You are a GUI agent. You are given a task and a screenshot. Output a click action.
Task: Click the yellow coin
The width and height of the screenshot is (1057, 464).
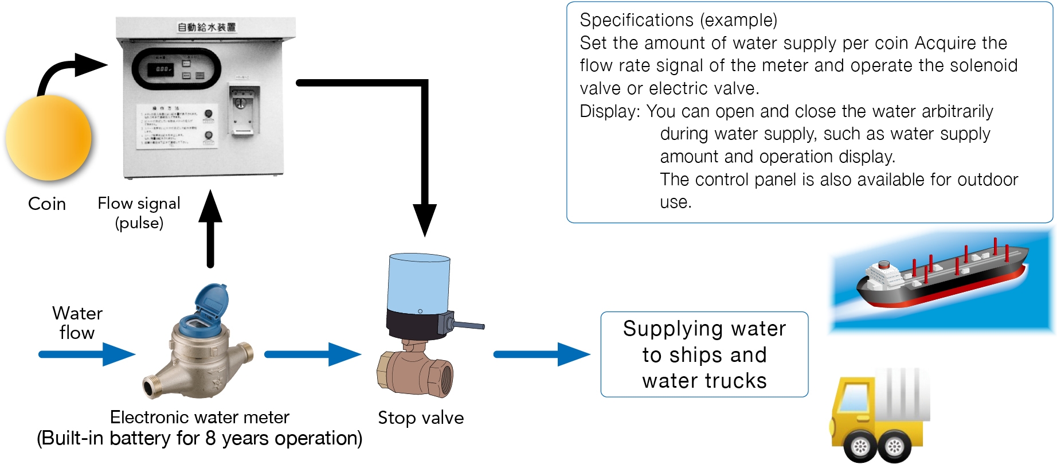click(x=48, y=138)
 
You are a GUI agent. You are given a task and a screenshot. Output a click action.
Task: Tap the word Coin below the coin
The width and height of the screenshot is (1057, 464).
click(x=47, y=204)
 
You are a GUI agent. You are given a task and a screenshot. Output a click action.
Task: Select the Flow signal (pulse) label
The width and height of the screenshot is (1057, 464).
click(x=139, y=212)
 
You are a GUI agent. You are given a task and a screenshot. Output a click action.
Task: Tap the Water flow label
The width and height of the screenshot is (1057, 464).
click(x=77, y=323)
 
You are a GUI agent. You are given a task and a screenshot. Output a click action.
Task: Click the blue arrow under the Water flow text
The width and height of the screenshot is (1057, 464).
click(x=86, y=354)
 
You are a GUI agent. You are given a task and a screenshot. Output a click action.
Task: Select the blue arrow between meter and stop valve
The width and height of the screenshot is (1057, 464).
click(x=312, y=354)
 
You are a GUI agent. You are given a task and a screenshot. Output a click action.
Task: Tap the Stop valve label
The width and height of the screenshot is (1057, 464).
click(x=421, y=418)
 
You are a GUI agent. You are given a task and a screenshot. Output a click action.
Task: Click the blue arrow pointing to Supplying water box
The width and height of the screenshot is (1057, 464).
click(x=541, y=354)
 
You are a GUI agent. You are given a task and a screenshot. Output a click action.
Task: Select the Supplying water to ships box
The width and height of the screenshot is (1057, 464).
click(x=704, y=354)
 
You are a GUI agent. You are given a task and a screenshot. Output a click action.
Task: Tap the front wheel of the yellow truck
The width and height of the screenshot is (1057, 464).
click(x=860, y=446)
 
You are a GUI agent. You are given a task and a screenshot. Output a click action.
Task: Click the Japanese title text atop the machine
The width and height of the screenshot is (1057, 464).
click(x=206, y=27)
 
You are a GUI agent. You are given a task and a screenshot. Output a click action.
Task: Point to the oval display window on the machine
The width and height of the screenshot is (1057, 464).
click(x=176, y=69)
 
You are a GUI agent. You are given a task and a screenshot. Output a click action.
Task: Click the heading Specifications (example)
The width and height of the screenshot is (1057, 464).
click(x=678, y=20)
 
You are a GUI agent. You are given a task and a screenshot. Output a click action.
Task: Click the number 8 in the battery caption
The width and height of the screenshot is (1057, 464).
click(x=210, y=438)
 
